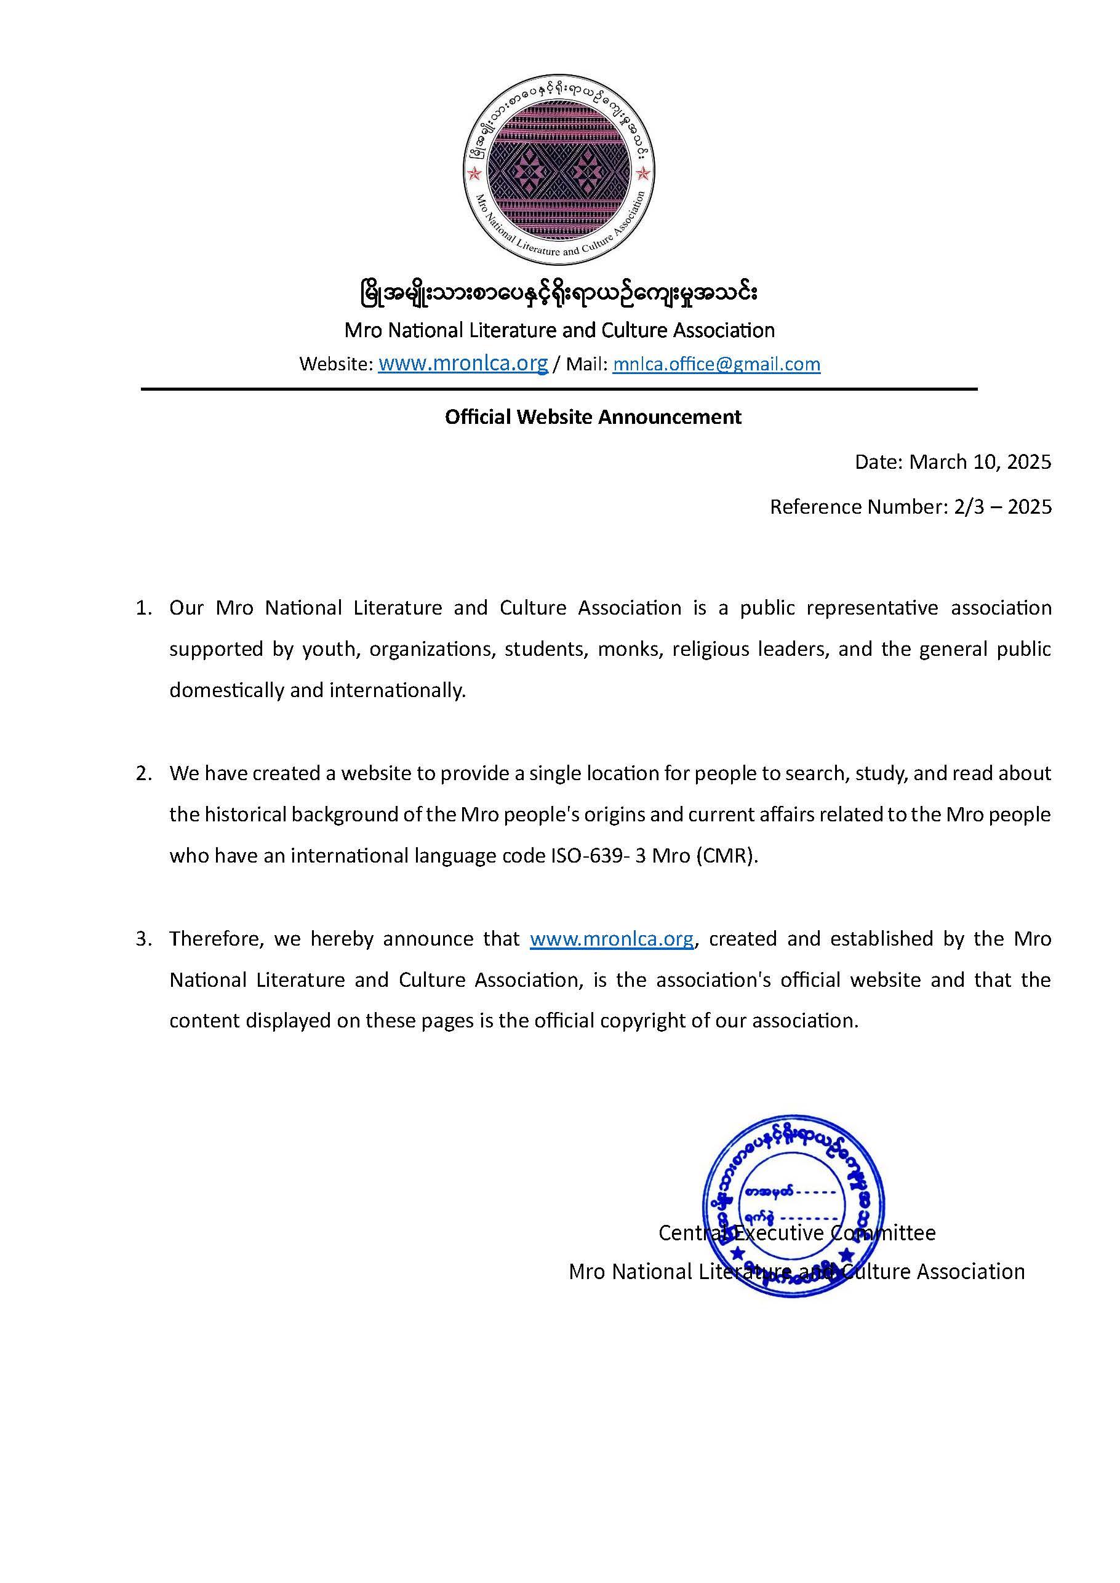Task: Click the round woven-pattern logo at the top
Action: click(559, 170)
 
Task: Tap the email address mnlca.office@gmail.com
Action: click(716, 364)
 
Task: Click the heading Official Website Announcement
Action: click(593, 417)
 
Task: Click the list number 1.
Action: click(143, 608)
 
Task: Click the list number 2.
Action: click(143, 773)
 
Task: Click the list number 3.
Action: click(143, 939)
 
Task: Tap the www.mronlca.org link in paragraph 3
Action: click(612, 939)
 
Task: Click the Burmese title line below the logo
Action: click(559, 293)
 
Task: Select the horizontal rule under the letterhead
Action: click(559, 389)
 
